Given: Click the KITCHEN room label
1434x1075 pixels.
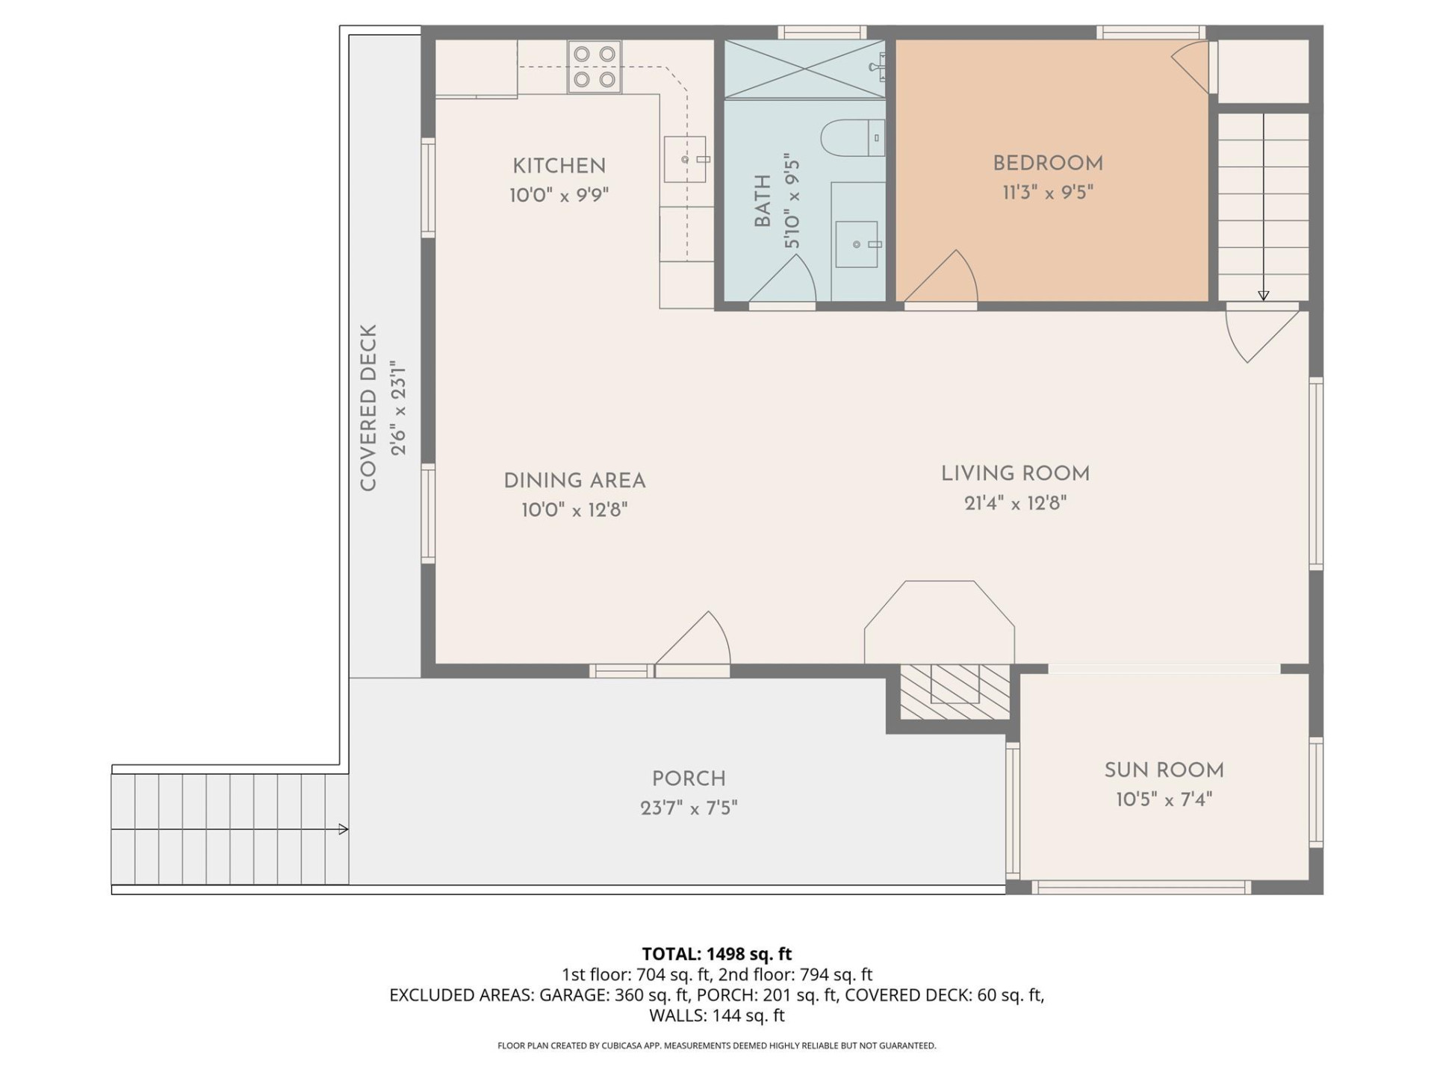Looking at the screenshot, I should click(559, 166).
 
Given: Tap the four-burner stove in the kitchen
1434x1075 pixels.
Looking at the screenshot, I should click(595, 66).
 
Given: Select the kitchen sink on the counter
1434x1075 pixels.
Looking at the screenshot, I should click(685, 159).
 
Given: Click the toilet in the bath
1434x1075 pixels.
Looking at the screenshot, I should click(851, 137).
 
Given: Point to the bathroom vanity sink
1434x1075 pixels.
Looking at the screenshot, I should click(857, 244).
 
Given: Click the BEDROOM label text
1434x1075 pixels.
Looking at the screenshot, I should click(1048, 163).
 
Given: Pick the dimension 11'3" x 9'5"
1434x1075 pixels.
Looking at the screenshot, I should click(1048, 193).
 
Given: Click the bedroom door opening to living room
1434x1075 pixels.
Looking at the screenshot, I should click(943, 280).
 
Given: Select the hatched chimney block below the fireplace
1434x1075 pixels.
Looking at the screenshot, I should click(954, 692).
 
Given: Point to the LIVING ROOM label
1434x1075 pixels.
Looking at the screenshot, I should click(1015, 473).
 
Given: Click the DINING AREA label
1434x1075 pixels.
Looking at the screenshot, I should click(574, 481).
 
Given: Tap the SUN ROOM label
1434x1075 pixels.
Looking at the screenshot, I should click(1164, 770).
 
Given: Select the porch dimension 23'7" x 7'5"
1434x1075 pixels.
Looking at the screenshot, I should click(689, 808).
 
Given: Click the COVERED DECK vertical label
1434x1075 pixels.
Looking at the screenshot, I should click(368, 408).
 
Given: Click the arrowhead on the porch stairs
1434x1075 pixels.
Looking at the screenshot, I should click(344, 829).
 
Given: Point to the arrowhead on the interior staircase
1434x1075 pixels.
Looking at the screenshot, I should click(1263, 296).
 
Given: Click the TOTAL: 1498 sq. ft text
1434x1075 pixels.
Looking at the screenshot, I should click(716, 953).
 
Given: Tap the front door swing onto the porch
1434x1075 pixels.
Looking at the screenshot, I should click(695, 642).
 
